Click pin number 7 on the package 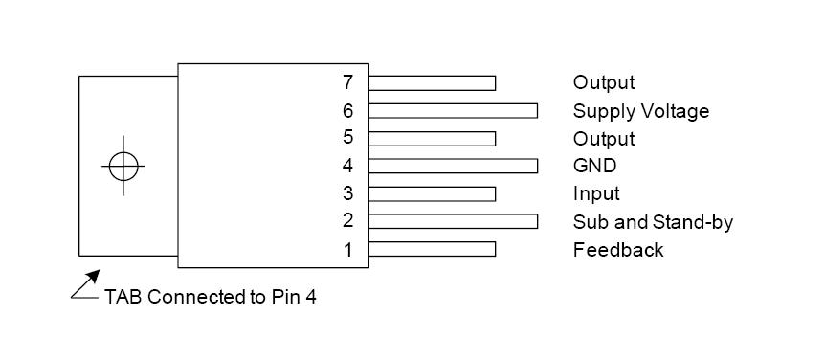tap(348, 82)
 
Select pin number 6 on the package tap(348, 110)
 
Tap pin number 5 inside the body tap(348, 138)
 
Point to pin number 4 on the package tap(348, 166)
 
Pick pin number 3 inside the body tap(348, 193)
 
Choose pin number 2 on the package tap(348, 221)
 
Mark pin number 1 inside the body tap(348, 249)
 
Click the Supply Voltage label tap(641, 111)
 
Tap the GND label tap(594, 166)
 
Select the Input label tap(596, 193)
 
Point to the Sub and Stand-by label tap(653, 222)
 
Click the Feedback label tap(618, 250)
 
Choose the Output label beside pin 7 tap(604, 83)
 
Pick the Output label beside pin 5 tap(604, 139)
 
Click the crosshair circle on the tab tap(123, 166)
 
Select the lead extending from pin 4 tap(453, 166)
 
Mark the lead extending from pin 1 tap(432, 249)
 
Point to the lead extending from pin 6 tap(453, 110)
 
